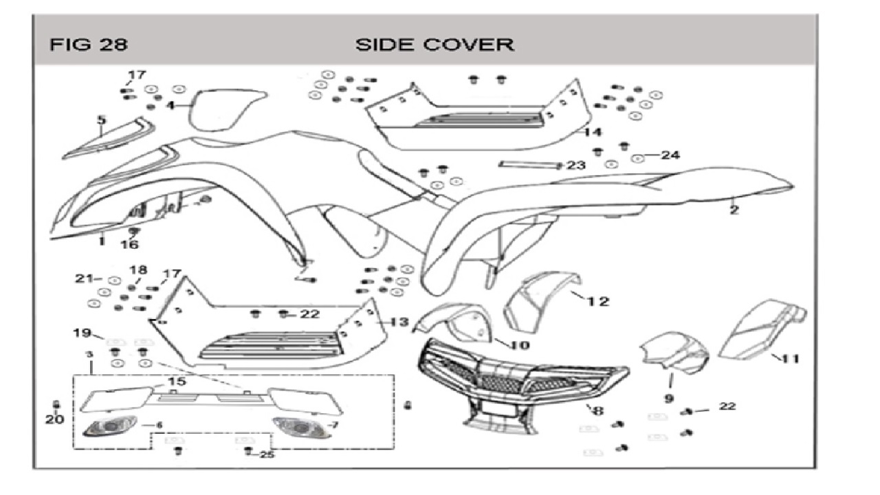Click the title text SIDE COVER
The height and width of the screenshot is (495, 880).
[x=434, y=45]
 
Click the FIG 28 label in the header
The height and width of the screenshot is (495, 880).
[x=89, y=45]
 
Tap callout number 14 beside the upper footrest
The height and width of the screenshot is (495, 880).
[x=593, y=132]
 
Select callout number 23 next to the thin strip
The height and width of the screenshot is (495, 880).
[x=576, y=166]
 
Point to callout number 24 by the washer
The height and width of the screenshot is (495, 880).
[x=670, y=155]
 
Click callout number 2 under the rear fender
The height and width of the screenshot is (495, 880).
[x=734, y=210]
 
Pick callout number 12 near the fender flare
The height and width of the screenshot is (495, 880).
[x=598, y=302]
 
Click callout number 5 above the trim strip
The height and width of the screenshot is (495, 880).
[x=102, y=120]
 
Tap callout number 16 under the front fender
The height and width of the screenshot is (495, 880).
[x=130, y=245]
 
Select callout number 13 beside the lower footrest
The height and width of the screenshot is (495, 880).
[x=399, y=322]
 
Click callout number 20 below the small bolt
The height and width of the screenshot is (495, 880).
[x=54, y=419]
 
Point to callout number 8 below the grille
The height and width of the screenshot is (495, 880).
[x=598, y=411]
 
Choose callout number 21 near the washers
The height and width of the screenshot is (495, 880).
[x=85, y=278]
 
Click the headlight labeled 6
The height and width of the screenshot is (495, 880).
[x=110, y=427]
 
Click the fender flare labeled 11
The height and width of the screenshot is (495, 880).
[x=762, y=329]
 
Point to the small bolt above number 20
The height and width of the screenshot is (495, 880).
[x=56, y=405]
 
